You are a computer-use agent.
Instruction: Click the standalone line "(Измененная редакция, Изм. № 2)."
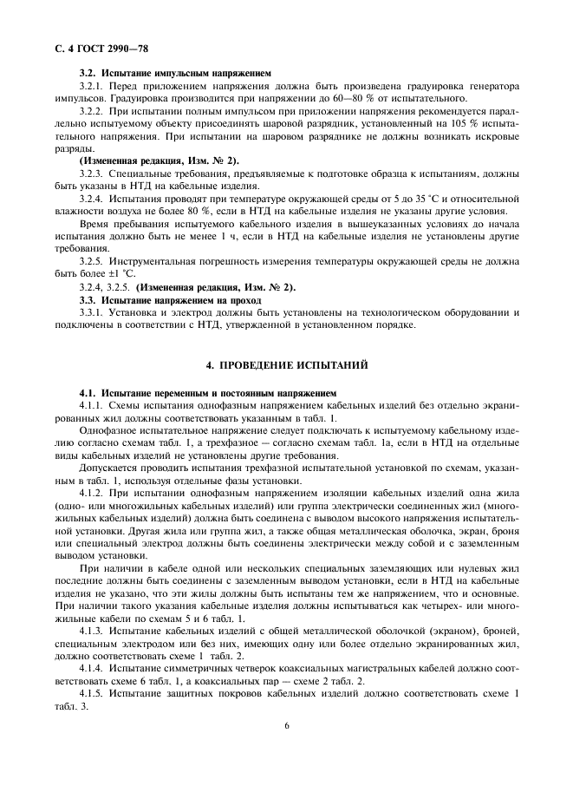(x=159, y=161)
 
